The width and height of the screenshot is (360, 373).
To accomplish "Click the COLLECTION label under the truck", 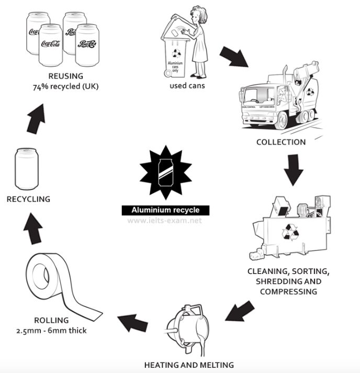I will tap(280, 142).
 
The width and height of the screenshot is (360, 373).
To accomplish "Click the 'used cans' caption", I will tap(187, 85).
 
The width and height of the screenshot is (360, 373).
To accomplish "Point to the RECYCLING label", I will tap(28, 199).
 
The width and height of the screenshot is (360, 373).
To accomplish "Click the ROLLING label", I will tap(51, 321).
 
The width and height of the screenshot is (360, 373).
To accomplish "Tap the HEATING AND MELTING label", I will tap(189, 365).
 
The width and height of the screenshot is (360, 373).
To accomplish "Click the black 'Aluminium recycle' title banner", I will tap(165, 210).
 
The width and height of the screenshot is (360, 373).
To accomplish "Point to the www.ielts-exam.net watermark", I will tap(165, 221).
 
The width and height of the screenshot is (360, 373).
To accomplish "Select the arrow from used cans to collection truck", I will tap(233, 56).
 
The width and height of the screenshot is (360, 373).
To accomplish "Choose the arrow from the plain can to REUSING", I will tap(37, 119).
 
